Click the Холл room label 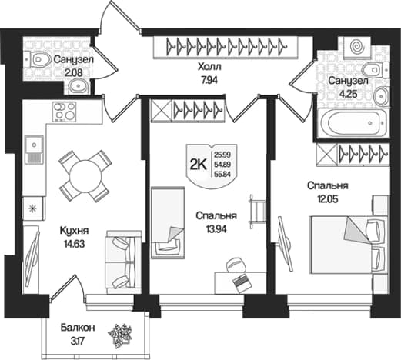pos(209,67)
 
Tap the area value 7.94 pos(209,81)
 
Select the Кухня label pos(74,231)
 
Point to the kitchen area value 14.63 pos(74,244)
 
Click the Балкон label pos(78,328)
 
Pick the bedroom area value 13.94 pos(216,229)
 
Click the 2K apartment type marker pos(198,165)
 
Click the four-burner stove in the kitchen pos(65,112)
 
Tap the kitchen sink pos(34,149)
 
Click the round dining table pos(85,176)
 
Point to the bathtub pos(353,123)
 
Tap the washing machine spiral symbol pos(357,47)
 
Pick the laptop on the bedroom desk pos(242,284)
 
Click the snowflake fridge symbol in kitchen pos(33,208)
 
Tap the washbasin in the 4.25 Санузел pos(382,97)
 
